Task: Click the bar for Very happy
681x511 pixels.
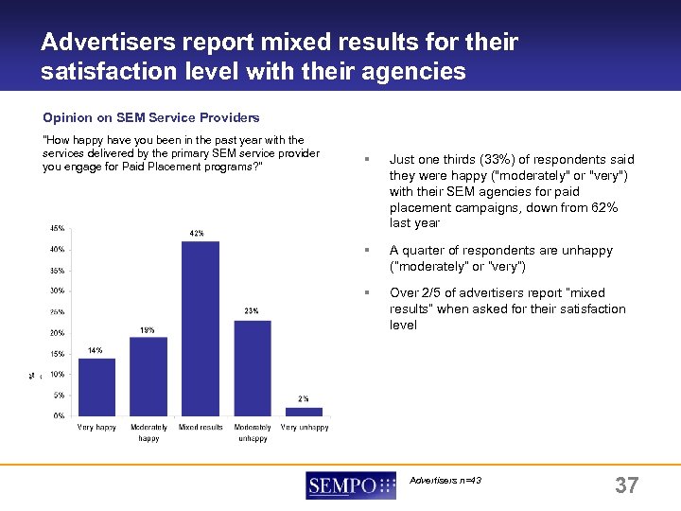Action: [x=96, y=386]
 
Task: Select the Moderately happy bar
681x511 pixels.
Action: [x=148, y=376]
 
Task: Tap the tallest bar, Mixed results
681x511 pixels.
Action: [x=201, y=327]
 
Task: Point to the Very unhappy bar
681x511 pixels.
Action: [x=304, y=411]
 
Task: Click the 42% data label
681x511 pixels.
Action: [x=197, y=233]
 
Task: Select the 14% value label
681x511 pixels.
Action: [x=95, y=350]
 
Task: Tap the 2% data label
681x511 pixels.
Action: [x=303, y=399]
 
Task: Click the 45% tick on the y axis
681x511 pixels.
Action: [x=58, y=228]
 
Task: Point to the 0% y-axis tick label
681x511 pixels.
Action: [x=60, y=415]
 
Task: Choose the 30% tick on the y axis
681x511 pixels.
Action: [x=58, y=291]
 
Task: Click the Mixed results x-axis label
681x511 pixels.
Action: [x=201, y=428]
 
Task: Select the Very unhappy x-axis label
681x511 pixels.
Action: [x=305, y=428]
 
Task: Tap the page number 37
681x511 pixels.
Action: [x=626, y=486]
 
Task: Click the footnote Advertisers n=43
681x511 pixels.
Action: [x=445, y=481]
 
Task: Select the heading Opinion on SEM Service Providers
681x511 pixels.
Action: [x=151, y=118]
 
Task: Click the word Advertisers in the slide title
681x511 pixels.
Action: [x=106, y=43]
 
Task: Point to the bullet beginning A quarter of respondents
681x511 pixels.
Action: [x=500, y=258]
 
